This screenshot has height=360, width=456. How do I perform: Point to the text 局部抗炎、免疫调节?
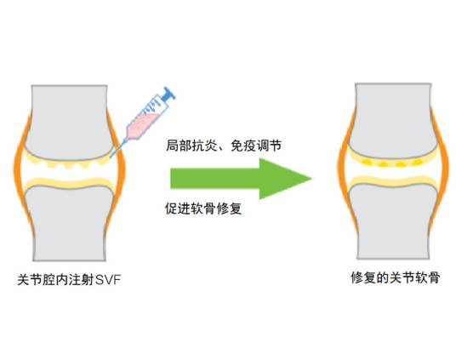pyautogui.click(x=223, y=146)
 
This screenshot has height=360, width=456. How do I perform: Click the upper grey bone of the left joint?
pyautogui.click(x=68, y=115)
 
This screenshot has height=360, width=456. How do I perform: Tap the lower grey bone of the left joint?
pyautogui.click(x=68, y=226)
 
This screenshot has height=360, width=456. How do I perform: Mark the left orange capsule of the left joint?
pyautogui.click(x=20, y=170)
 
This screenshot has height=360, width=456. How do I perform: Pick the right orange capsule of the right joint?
pyautogui.click(x=444, y=170)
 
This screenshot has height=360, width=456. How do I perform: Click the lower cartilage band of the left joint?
pyautogui.click(x=68, y=180)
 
